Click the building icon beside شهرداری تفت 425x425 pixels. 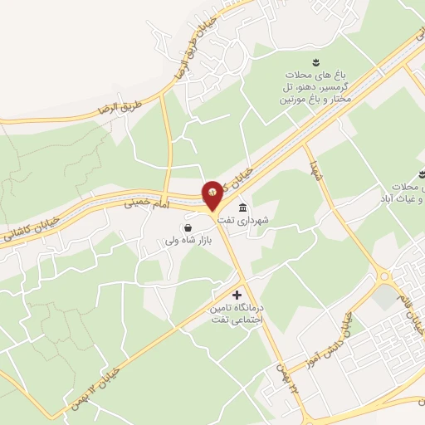pyautogui.click(x=242, y=208)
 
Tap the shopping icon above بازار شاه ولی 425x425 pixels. pyautogui.click(x=188, y=227)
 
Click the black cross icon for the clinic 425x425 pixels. pyautogui.click(x=237, y=295)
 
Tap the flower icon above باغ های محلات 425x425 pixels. pyautogui.click(x=315, y=63)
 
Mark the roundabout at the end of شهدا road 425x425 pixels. pyautogui.click(x=383, y=276)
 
